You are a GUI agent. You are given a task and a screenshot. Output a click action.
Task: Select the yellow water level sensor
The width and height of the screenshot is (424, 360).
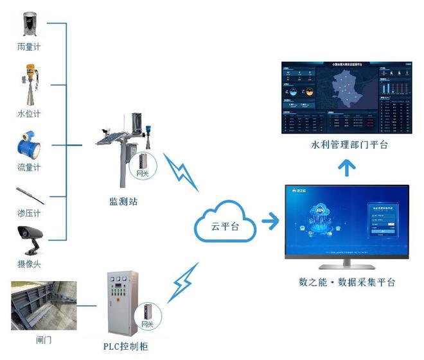(x=30, y=85)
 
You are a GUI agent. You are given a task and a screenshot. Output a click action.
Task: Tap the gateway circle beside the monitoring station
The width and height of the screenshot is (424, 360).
(x=145, y=164)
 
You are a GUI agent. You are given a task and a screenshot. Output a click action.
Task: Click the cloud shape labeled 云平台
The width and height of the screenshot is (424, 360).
(x=225, y=223)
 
